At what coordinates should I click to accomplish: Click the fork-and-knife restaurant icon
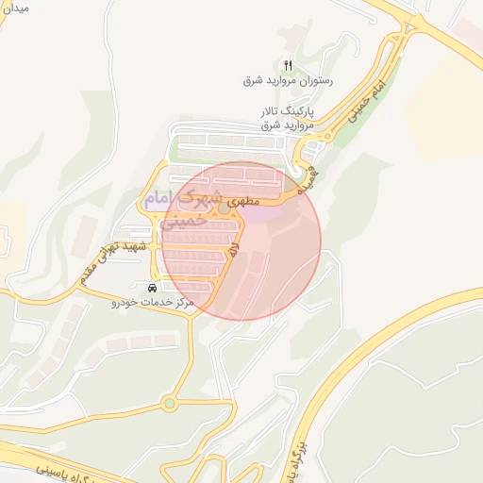(x=289, y=65)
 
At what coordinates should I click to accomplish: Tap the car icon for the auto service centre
(x=153, y=287)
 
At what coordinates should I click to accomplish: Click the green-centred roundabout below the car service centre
(x=169, y=403)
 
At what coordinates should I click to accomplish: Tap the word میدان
(x=16, y=8)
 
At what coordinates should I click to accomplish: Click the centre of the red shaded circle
(x=241, y=241)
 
